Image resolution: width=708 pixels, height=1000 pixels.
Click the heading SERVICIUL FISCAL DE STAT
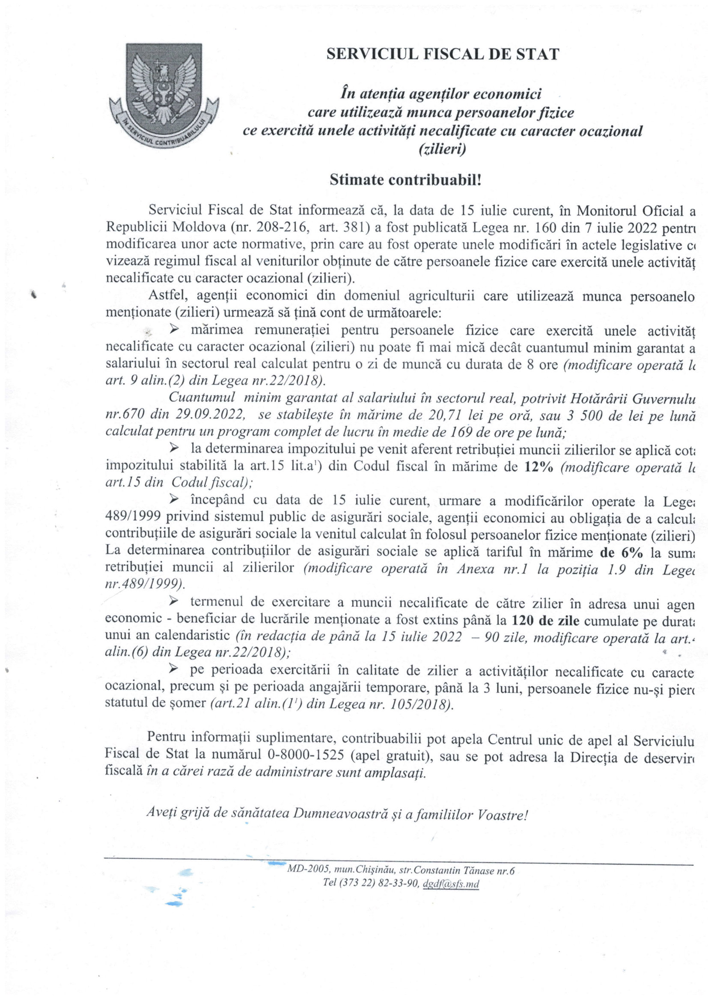(443, 54)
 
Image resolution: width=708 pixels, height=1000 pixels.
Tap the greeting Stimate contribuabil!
(405, 180)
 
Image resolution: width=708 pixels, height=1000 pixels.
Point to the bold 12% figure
(539, 467)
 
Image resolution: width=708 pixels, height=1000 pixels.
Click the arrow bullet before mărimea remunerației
(174, 330)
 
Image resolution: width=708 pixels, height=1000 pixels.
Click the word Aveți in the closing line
(161, 812)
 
